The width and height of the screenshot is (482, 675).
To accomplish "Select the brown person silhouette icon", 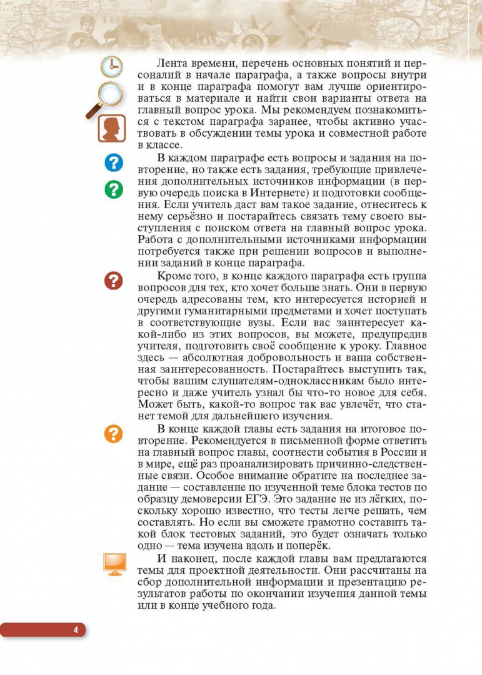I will (111, 129).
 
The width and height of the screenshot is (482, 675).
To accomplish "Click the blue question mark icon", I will (113, 163).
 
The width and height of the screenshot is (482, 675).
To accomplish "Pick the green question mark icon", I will (113, 189).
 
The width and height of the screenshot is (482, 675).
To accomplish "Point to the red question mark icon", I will (113, 281).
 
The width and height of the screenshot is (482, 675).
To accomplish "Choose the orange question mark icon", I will (113, 433).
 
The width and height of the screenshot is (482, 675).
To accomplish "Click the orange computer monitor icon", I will (114, 564).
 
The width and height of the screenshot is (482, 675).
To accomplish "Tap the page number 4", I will (75, 629).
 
